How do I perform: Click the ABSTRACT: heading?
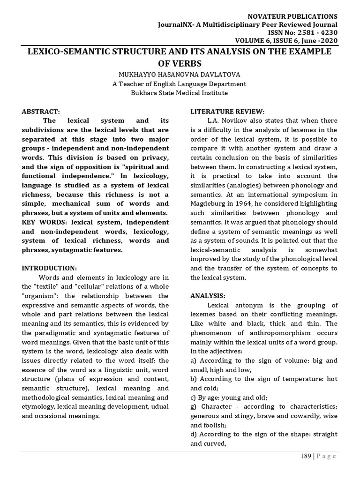pyautogui.click(x=41, y=112)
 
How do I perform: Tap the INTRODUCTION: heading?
pyautogui.click(x=49, y=268)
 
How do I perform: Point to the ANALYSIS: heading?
pyautogui.click(x=208, y=296)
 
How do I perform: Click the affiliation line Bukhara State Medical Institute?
pyautogui.click(x=180, y=93)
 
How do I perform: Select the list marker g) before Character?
pyautogui.click(x=194, y=407)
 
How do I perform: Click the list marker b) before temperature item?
pyautogui.click(x=194, y=379)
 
